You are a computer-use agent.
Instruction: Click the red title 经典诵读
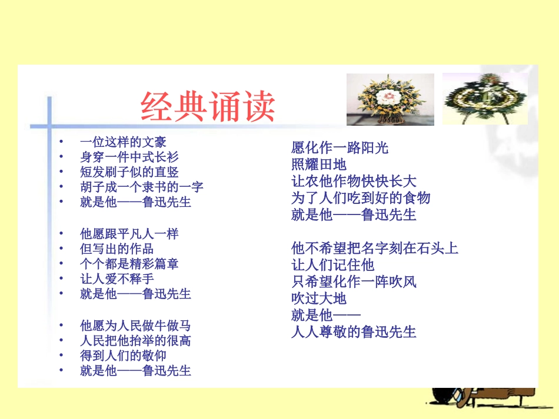(208, 107)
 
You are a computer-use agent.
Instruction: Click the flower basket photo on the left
(390, 99)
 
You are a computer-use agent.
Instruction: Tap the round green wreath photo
(484, 98)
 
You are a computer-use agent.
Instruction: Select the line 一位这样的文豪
(123, 142)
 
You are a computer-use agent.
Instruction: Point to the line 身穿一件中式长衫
(129, 157)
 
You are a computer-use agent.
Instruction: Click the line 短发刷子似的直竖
(129, 173)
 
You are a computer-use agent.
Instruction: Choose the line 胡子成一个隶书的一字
(142, 187)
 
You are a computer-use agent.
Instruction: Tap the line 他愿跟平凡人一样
(129, 234)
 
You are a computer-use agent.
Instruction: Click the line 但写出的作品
(117, 249)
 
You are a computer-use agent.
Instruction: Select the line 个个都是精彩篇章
(129, 264)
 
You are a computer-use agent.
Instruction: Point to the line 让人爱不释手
(117, 279)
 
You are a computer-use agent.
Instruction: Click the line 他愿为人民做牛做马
(135, 325)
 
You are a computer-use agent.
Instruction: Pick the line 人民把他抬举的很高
(135, 340)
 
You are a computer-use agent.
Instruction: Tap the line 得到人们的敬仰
(123, 356)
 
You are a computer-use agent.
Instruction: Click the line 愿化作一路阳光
(340, 148)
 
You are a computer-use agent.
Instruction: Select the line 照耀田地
(319, 165)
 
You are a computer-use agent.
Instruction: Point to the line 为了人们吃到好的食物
(361, 198)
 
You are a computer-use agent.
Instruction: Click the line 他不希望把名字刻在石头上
(374, 249)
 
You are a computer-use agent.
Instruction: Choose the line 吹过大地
(319, 299)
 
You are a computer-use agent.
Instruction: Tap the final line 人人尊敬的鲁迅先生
(354, 333)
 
